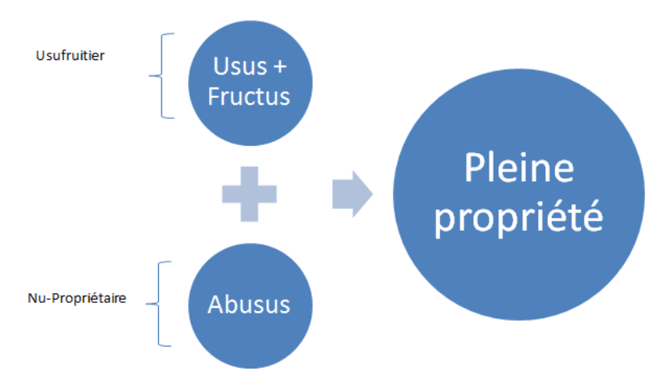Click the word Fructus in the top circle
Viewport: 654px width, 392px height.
(249, 96)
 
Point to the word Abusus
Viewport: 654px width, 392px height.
(249, 305)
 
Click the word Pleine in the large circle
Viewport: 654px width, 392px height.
(519, 170)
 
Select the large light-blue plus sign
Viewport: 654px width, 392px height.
(249, 194)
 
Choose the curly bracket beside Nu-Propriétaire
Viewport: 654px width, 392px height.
(159, 304)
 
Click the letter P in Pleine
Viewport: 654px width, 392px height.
(475, 170)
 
